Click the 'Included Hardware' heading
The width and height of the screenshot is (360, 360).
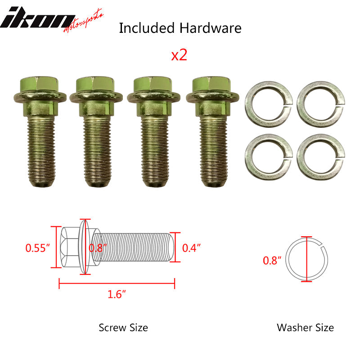(x=180, y=28)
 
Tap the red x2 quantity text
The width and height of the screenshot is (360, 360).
(x=179, y=55)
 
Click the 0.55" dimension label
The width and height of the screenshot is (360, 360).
(x=36, y=247)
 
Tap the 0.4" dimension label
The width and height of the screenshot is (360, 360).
(x=191, y=247)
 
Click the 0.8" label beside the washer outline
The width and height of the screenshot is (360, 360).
(x=272, y=260)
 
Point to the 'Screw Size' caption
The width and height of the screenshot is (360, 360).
(x=123, y=327)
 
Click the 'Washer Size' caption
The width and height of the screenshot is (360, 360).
(x=306, y=327)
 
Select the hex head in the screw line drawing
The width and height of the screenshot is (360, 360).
(x=68, y=247)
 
